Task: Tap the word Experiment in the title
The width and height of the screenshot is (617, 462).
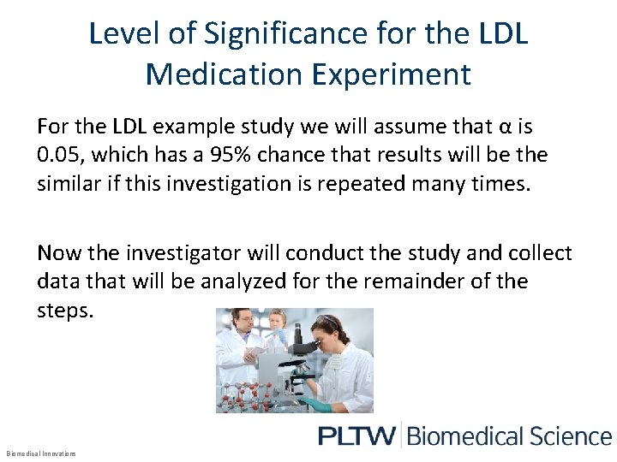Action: point(392,74)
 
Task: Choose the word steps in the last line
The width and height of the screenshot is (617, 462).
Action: point(63,310)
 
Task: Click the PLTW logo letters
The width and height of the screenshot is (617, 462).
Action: point(356,436)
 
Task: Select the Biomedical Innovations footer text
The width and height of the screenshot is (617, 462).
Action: point(41,453)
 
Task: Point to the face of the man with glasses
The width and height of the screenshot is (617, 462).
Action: point(244,323)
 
